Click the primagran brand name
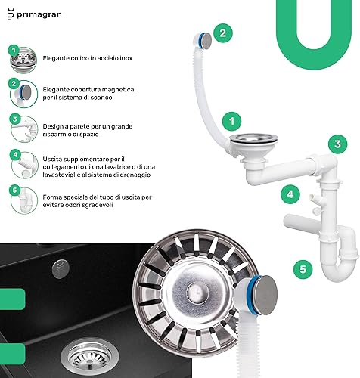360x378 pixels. [x=39, y=14]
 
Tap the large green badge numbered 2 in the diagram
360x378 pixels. [x=223, y=33]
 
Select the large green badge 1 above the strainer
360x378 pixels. [x=231, y=122]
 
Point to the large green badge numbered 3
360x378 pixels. [x=337, y=144]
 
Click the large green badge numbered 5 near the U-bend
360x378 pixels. [x=303, y=269]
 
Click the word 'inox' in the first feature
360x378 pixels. [x=126, y=58]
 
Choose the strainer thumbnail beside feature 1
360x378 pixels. [x=23, y=60]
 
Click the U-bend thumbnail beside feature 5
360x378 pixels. [x=24, y=201]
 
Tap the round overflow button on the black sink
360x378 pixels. [x=61, y=269]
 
